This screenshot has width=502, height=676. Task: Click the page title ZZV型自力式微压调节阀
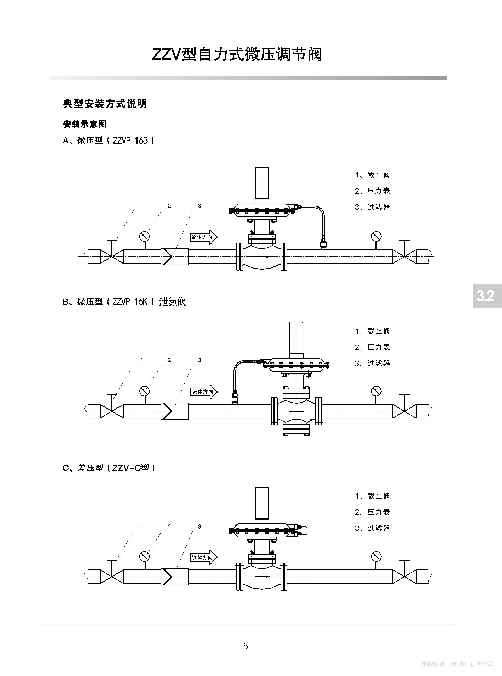[x=237, y=55]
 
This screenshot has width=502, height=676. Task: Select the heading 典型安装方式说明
[x=105, y=104]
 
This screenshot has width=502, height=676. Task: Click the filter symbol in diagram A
[x=174, y=256]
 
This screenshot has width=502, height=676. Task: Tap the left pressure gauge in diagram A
[x=144, y=236]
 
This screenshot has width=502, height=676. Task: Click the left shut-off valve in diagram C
[x=112, y=576]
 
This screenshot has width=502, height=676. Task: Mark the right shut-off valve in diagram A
[x=404, y=256]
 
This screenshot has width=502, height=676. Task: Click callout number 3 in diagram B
[x=200, y=360]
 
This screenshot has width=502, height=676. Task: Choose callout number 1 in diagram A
[x=142, y=206]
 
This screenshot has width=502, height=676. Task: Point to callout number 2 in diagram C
[x=169, y=527]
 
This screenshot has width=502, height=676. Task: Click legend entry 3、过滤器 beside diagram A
[x=372, y=207]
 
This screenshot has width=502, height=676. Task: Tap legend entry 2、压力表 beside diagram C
[x=372, y=512]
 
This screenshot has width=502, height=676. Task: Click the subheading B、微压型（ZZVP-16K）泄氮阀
[x=125, y=302]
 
